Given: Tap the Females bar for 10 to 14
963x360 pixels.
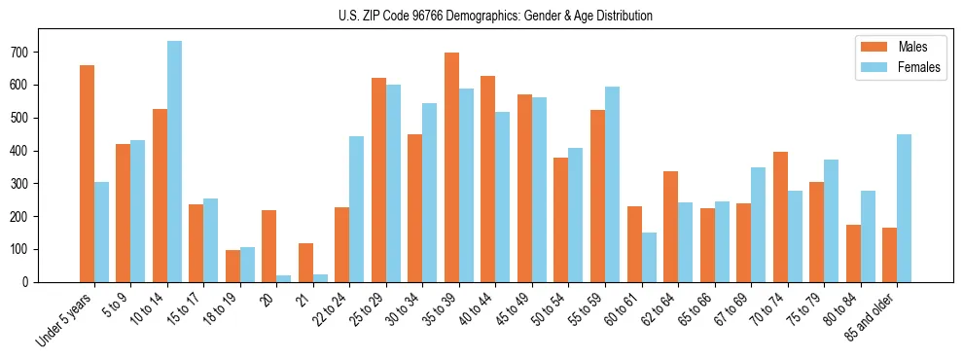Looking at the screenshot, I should tap(174, 162).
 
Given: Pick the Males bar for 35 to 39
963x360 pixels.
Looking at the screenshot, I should tap(451, 167).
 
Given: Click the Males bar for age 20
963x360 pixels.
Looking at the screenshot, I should tap(269, 246).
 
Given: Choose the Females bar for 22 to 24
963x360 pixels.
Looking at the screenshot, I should tap(357, 209).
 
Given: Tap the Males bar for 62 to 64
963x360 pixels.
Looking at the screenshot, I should tap(670, 227).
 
